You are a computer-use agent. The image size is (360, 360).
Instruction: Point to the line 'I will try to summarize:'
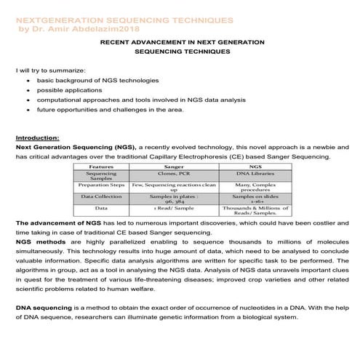[x=51, y=70]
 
